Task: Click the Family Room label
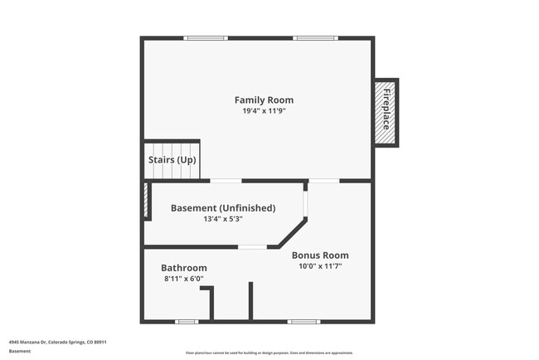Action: tap(265, 100)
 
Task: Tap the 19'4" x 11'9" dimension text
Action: tap(265, 111)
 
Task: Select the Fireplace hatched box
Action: tap(386, 111)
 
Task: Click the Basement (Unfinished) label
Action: tap(223, 208)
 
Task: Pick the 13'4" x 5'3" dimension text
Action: tap(223, 220)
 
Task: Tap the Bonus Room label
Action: tap(320, 255)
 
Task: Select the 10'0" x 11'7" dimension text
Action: tap(320, 266)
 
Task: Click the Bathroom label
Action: tap(184, 268)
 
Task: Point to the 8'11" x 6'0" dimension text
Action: tap(184, 279)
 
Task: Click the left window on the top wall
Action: tap(206, 37)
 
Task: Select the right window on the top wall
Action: tap(316, 37)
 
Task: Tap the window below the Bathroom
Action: tap(187, 321)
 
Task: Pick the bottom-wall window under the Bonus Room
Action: tap(303, 321)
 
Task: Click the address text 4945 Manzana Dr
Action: tap(58, 342)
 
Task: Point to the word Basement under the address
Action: tap(20, 351)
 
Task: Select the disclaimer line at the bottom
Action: tap(269, 353)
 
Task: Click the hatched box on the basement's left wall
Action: tap(146, 201)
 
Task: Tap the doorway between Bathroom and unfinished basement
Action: tap(253, 247)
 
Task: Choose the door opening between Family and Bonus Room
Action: tap(325, 180)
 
